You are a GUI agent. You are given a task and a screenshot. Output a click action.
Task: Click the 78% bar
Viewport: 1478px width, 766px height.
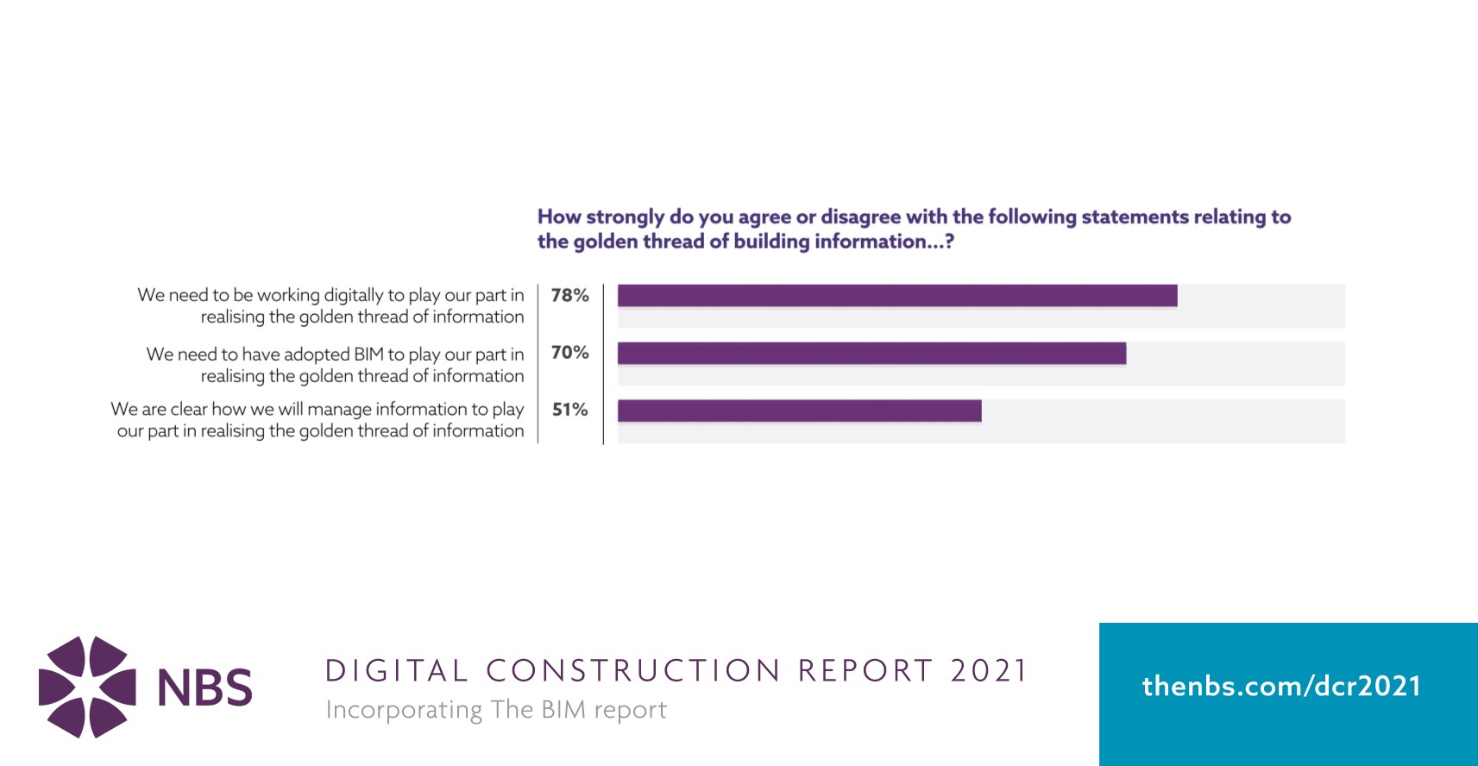pyautogui.click(x=897, y=296)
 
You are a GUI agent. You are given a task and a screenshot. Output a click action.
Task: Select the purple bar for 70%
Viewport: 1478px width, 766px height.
pyautogui.click(x=871, y=353)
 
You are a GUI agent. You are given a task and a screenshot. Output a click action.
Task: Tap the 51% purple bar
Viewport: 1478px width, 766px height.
pyautogui.click(x=799, y=411)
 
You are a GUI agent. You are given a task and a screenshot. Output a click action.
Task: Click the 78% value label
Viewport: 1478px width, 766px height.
pyautogui.click(x=569, y=296)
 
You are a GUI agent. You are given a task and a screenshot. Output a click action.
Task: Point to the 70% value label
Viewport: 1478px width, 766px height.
pyautogui.click(x=569, y=353)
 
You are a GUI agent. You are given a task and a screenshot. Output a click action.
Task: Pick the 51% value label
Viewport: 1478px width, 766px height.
pyautogui.click(x=569, y=410)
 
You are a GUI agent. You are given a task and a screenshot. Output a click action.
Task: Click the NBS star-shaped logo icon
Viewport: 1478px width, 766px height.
pyautogui.click(x=87, y=687)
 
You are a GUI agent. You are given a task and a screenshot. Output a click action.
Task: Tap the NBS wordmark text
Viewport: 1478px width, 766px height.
pyautogui.click(x=205, y=688)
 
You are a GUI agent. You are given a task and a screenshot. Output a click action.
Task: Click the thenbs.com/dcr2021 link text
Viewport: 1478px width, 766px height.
pyautogui.click(x=1281, y=687)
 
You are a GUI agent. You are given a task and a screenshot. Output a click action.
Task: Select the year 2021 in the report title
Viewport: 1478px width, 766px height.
pyautogui.click(x=989, y=671)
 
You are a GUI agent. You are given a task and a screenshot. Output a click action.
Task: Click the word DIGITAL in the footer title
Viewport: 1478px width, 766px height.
pyautogui.click(x=396, y=671)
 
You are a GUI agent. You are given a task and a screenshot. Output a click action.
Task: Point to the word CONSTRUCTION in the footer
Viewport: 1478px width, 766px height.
pyautogui.click(x=633, y=671)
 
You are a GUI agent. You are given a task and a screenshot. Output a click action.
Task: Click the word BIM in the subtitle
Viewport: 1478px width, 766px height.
pyautogui.click(x=564, y=710)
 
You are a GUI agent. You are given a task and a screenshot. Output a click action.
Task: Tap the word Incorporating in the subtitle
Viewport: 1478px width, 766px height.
pyautogui.click(x=404, y=711)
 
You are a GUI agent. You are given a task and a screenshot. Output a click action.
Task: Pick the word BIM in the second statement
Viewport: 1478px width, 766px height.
pyautogui.click(x=368, y=355)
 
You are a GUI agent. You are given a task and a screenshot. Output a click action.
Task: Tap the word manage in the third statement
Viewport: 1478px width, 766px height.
pyautogui.click(x=339, y=409)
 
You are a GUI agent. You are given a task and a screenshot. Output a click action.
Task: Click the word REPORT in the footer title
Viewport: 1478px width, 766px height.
pyautogui.click(x=865, y=671)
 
